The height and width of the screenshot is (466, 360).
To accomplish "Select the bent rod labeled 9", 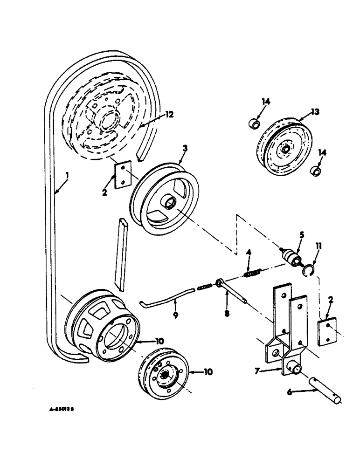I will pos(166,297).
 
